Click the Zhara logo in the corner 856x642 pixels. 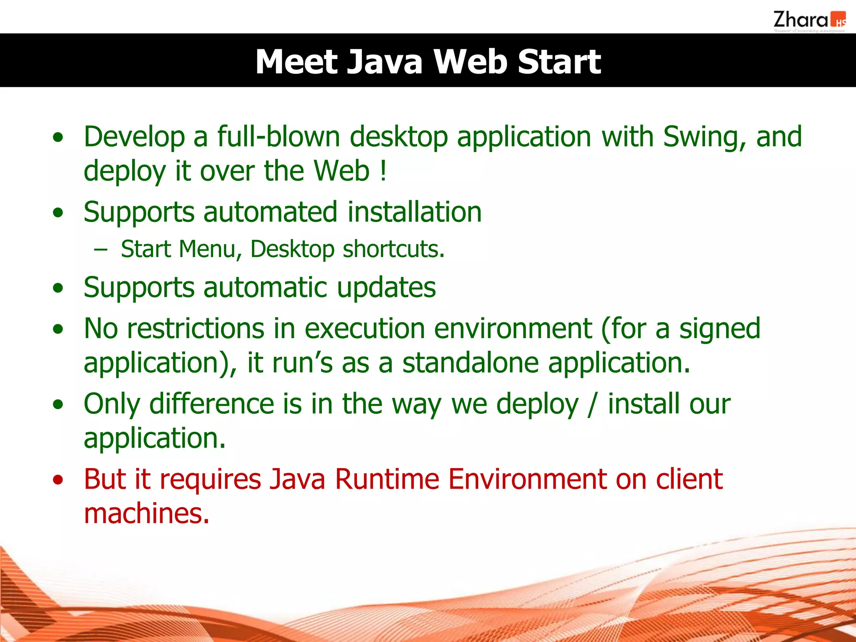coord(809,21)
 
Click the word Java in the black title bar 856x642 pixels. coord(385,62)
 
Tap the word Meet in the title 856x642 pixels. coord(296,62)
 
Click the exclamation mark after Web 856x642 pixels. coord(383,171)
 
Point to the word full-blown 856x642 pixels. coord(278,137)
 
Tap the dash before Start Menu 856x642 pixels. coord(101,250)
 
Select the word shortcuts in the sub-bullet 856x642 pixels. coord(393,250)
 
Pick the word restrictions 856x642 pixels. coord(196,329)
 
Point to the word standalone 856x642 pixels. coord(470,363)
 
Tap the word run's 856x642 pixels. coord(302,363)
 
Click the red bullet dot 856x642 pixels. coord(58,480)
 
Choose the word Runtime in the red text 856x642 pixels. coord(387,479)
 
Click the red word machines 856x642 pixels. coord(146,513)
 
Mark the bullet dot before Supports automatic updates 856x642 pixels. coord(58,288)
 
